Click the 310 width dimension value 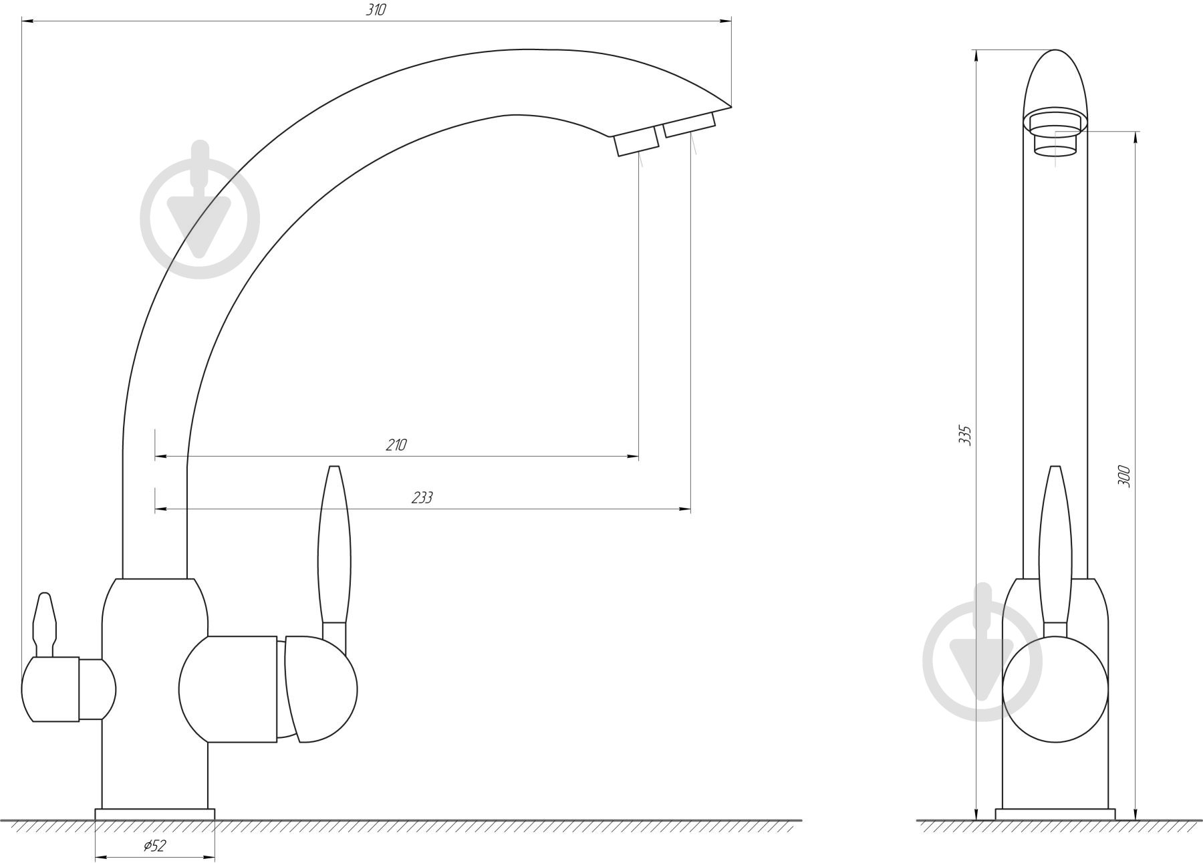[376, 11]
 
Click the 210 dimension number [396, 445]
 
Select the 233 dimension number [422, 498]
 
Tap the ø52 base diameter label [154, 846]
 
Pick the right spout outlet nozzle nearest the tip [689, 125]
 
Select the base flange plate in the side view [154, 814]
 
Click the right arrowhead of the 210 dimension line [632, 457]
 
